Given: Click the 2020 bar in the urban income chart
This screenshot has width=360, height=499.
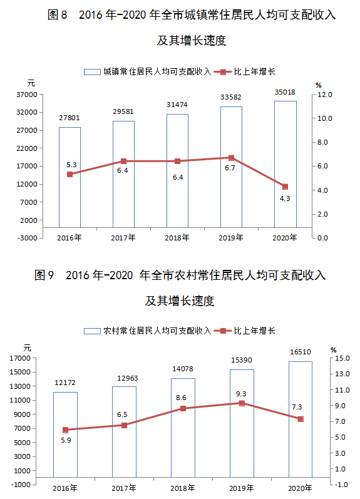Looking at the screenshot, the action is click(x=285, y=164).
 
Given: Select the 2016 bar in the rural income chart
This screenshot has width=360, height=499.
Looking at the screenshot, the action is click(x=65, y=435).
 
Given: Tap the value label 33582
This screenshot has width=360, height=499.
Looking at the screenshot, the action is click(x=231, y=97).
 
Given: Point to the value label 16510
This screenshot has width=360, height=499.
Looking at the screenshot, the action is click(x=300, y=352).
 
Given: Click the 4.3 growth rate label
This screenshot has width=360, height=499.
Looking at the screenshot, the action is click(x=285, y=198).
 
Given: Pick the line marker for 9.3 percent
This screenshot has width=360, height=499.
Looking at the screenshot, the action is click(x=242, y=403).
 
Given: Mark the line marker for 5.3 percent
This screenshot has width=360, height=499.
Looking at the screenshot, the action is click(x=69, y=174).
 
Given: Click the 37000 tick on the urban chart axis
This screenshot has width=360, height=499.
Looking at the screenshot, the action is click(x=27, y=95).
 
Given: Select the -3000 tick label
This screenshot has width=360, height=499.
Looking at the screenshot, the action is click(x=28, y=238).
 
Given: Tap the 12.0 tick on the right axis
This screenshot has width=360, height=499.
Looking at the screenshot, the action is click(x=324, y=95).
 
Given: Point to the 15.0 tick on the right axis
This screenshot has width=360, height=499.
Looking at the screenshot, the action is click(x=342, y=358).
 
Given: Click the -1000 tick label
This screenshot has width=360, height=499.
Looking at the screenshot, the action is click(x=21, y=485).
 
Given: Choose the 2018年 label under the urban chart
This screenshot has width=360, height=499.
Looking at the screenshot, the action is click(x=177, y=238).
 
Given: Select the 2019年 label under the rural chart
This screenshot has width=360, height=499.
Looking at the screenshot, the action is click(x=241, y=488).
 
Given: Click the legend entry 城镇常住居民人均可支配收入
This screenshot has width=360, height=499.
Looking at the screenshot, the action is click(x=148, y=71).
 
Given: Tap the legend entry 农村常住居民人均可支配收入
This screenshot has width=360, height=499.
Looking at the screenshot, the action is click(x=148, y=331).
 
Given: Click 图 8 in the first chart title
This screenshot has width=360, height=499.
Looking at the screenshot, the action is click(x=58, y=14).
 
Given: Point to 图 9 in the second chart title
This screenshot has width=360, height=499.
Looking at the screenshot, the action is click(x=44, y=275).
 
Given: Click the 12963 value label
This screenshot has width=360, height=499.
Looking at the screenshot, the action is click(x=127, y=378).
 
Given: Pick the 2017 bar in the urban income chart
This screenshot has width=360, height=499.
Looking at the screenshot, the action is click(x=123, y=174).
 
